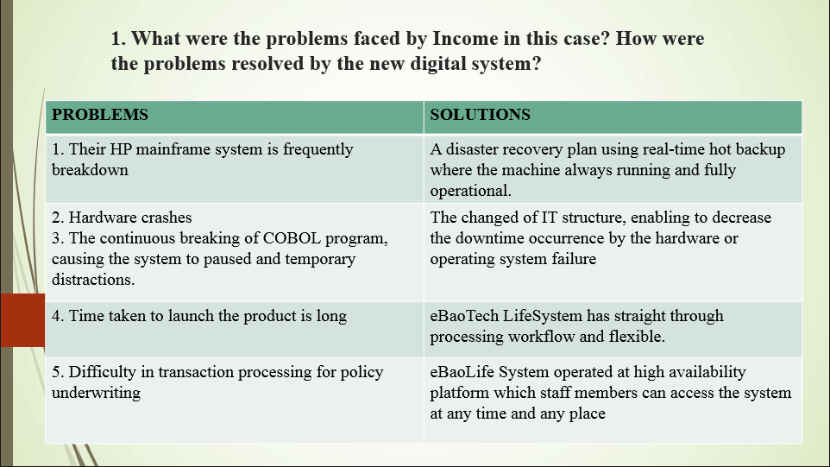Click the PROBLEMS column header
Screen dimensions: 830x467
pyautogui.click(x=100, y=114)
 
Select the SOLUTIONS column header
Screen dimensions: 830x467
pyautogui.click(x=480, y=114)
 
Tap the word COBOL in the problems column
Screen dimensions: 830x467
pyautogui.click(x=292, y=238)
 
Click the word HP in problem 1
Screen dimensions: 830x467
pyautogui.click(x=121, y=149)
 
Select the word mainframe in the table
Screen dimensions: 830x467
pyautogui.click(x=171, y=149)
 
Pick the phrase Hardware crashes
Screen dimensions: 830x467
pyautogui.click(x=130, y=218)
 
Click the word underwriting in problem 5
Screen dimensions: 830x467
pyautogui.click(x=97, y=394)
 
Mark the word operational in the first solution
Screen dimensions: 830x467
pyautogui.click(x=469, y=191)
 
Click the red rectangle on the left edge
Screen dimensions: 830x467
pyautogui.click(x=22, y=320)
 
